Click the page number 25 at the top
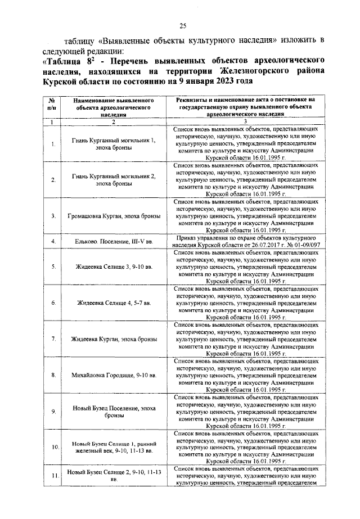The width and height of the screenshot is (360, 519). click(183, 25)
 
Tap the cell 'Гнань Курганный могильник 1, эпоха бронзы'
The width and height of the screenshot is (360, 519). click(113, 143)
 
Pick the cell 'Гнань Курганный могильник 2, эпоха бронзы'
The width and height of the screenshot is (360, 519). click(113, 180)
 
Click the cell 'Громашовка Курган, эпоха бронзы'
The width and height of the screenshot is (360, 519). click(113, 216)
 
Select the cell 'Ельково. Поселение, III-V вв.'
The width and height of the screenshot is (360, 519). click(113, 242)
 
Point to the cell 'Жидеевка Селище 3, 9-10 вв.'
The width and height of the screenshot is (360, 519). click(113, 267)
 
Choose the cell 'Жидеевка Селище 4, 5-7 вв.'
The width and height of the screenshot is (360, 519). click(113, 303)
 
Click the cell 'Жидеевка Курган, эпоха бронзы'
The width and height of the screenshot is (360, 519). click(113, 339)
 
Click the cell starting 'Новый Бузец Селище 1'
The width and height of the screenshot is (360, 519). click(113, 448)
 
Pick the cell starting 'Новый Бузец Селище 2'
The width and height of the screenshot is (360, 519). click(113, 476)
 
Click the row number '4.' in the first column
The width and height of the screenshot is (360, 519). click(52, 242)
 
